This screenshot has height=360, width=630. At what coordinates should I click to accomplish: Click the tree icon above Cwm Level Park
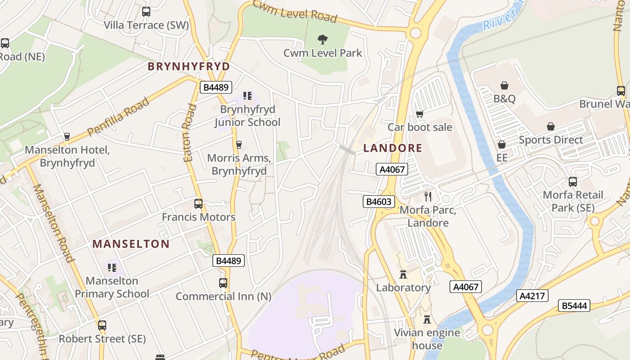[x=322, y=40]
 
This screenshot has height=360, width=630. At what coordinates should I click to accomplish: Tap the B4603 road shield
[x=379, y=202]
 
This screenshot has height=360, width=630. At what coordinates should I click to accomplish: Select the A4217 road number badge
[x=533, y=296]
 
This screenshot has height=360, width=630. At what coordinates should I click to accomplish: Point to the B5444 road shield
[x=574, y=306]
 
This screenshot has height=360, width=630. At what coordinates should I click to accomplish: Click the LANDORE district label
[x=392, y=148]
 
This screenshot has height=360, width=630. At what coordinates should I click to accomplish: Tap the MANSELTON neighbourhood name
[x=131, y=244]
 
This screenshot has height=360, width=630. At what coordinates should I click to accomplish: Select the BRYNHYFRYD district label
[x=189, y=67]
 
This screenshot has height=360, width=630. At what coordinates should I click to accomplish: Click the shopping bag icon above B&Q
[x=504, y=85]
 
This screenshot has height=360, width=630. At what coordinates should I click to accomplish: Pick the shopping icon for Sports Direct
[x=550, y=126]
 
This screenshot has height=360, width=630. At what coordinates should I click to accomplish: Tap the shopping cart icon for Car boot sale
[x=419, y=114]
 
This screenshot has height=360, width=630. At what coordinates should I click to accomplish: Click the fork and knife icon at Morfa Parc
[x=427, y=197]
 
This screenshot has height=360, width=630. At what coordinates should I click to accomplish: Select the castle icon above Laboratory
[x=403, y=274]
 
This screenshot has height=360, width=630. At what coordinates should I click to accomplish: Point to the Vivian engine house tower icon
[x=427, y=319]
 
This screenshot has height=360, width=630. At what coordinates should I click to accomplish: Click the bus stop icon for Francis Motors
[x=198, y=204]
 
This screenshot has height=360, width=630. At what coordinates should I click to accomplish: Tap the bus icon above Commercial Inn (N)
[x=223, y=283]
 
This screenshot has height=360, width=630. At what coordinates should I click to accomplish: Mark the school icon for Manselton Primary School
[x=112, y=268]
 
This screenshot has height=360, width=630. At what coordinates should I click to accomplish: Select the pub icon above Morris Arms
[x=239, y=144]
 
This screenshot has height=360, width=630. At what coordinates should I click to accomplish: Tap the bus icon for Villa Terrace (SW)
[x=146, y=12]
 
